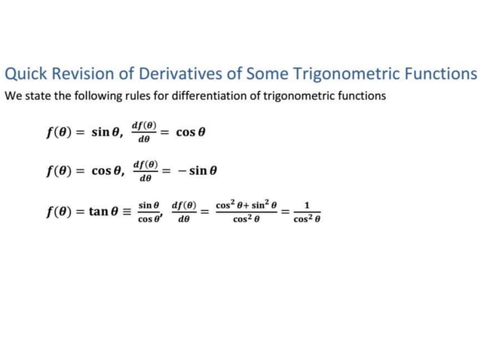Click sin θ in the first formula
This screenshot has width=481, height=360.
tap(107, 133)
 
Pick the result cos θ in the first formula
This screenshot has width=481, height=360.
tap(191, 133)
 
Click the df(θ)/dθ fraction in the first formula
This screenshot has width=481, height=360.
tap(143, 131)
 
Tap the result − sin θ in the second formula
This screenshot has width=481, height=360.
tap(198, 171)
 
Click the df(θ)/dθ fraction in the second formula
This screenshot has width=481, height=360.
tap(146, 170)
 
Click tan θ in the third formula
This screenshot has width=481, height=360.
tap(106, 212)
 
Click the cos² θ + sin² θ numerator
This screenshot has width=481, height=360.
tap(247, 205)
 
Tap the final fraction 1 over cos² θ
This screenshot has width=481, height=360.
tap(308, 211)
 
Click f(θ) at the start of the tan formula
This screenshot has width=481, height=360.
tap(61, 212)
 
